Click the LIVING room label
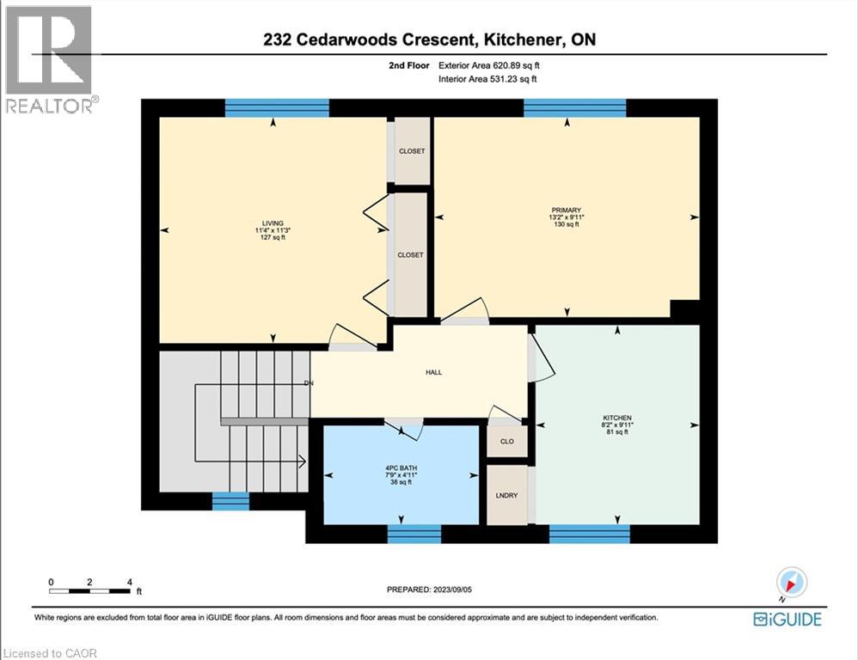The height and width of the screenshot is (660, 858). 273,223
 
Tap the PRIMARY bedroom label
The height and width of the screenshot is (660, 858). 567,210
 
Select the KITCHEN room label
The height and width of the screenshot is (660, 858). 617,417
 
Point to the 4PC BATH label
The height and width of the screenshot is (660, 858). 400,468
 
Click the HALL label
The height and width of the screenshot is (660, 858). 433,372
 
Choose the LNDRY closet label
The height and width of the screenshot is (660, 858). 507,496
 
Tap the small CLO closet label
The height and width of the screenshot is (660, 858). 506,442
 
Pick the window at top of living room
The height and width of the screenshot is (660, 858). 277,107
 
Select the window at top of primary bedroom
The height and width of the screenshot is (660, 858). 575,107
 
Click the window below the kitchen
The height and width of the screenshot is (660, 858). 589,534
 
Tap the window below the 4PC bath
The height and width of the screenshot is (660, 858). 414,534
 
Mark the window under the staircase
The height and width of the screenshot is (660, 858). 230,501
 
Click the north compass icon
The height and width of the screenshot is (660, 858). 791,583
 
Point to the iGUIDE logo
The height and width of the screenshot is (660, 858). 787,619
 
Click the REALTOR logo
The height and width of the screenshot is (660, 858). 51,58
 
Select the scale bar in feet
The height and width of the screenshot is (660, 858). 90,590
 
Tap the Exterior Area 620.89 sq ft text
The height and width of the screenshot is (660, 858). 489,65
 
